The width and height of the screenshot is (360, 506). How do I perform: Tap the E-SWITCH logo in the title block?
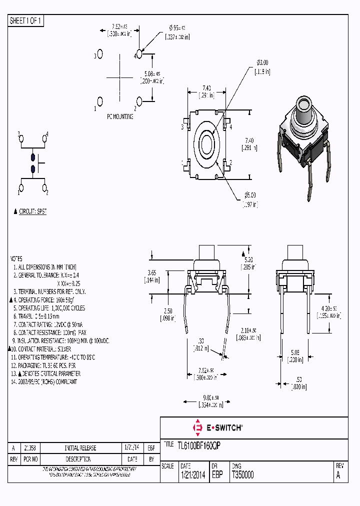218,428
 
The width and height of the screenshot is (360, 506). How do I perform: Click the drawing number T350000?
242,475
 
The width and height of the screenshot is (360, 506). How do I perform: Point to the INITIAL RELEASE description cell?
80,448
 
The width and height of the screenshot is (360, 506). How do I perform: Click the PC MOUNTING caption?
119,116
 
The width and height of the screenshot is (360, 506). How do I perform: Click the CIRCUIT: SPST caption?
32,211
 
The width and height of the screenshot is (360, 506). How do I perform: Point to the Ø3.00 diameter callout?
262,62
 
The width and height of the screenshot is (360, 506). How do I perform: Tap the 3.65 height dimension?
153,272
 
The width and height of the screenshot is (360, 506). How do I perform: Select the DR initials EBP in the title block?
217,475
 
